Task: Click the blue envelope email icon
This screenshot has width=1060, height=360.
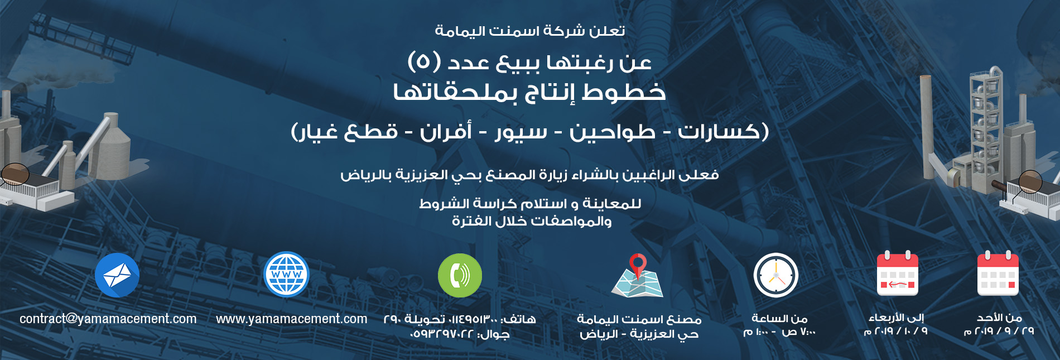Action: click(x=117, y=275)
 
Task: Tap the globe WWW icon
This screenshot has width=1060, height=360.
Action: click(x=286, y=274)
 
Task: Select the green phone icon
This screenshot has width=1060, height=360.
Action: click(x=460, y=275)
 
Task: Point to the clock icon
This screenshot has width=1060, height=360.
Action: click(x=776, y=275)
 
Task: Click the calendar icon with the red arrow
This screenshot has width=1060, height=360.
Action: click(x=897, y=273)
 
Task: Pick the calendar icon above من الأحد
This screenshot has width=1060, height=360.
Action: click(x=998, y=273)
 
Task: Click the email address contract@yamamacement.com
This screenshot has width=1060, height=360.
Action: click(x=108, y=319)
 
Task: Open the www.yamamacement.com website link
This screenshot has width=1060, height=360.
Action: click(x=292, y=319)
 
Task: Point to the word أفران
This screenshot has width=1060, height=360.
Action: click(x=446, y=132)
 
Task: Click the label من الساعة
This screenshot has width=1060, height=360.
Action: click(x=779, y=318)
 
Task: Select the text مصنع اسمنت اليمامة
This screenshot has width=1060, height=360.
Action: click(x=639, y=319)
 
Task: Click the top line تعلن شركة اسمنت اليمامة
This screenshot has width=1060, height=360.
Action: click(x=530, y=31)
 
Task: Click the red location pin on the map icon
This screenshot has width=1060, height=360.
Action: click(x=638, y=264)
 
